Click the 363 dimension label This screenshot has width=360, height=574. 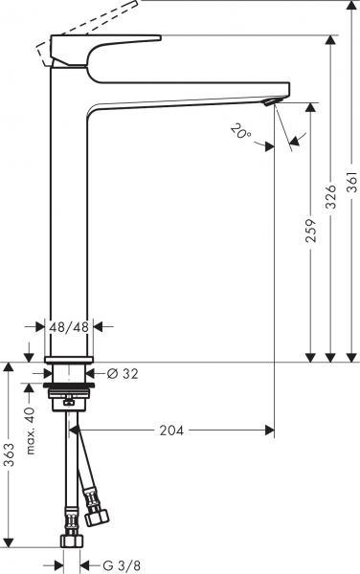coord(10,455)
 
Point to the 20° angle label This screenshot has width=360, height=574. coord(241,131)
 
